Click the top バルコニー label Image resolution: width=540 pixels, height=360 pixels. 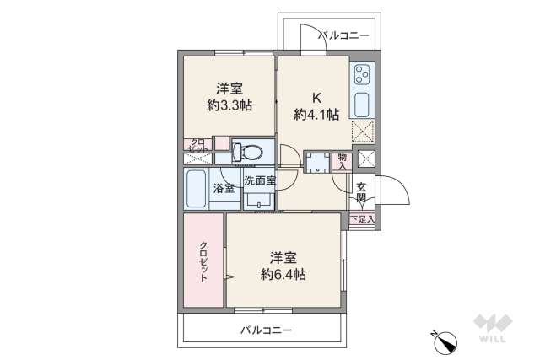click(343, 35)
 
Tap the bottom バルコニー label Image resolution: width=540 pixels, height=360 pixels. click(265, 330)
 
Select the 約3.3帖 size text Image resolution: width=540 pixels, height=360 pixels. click(229, 105)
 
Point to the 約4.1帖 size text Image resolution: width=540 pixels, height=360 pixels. click(316, 112)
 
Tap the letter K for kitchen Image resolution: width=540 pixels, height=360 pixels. click(316, 95)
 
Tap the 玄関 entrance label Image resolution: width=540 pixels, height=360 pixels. click(361, 193)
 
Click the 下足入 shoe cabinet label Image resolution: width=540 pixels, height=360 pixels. click(362, 220)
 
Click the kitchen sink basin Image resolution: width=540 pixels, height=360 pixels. click(360, 105)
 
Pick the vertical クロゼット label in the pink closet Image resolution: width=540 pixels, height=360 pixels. click(203, 261)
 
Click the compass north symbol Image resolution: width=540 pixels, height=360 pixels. click(445, 341)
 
